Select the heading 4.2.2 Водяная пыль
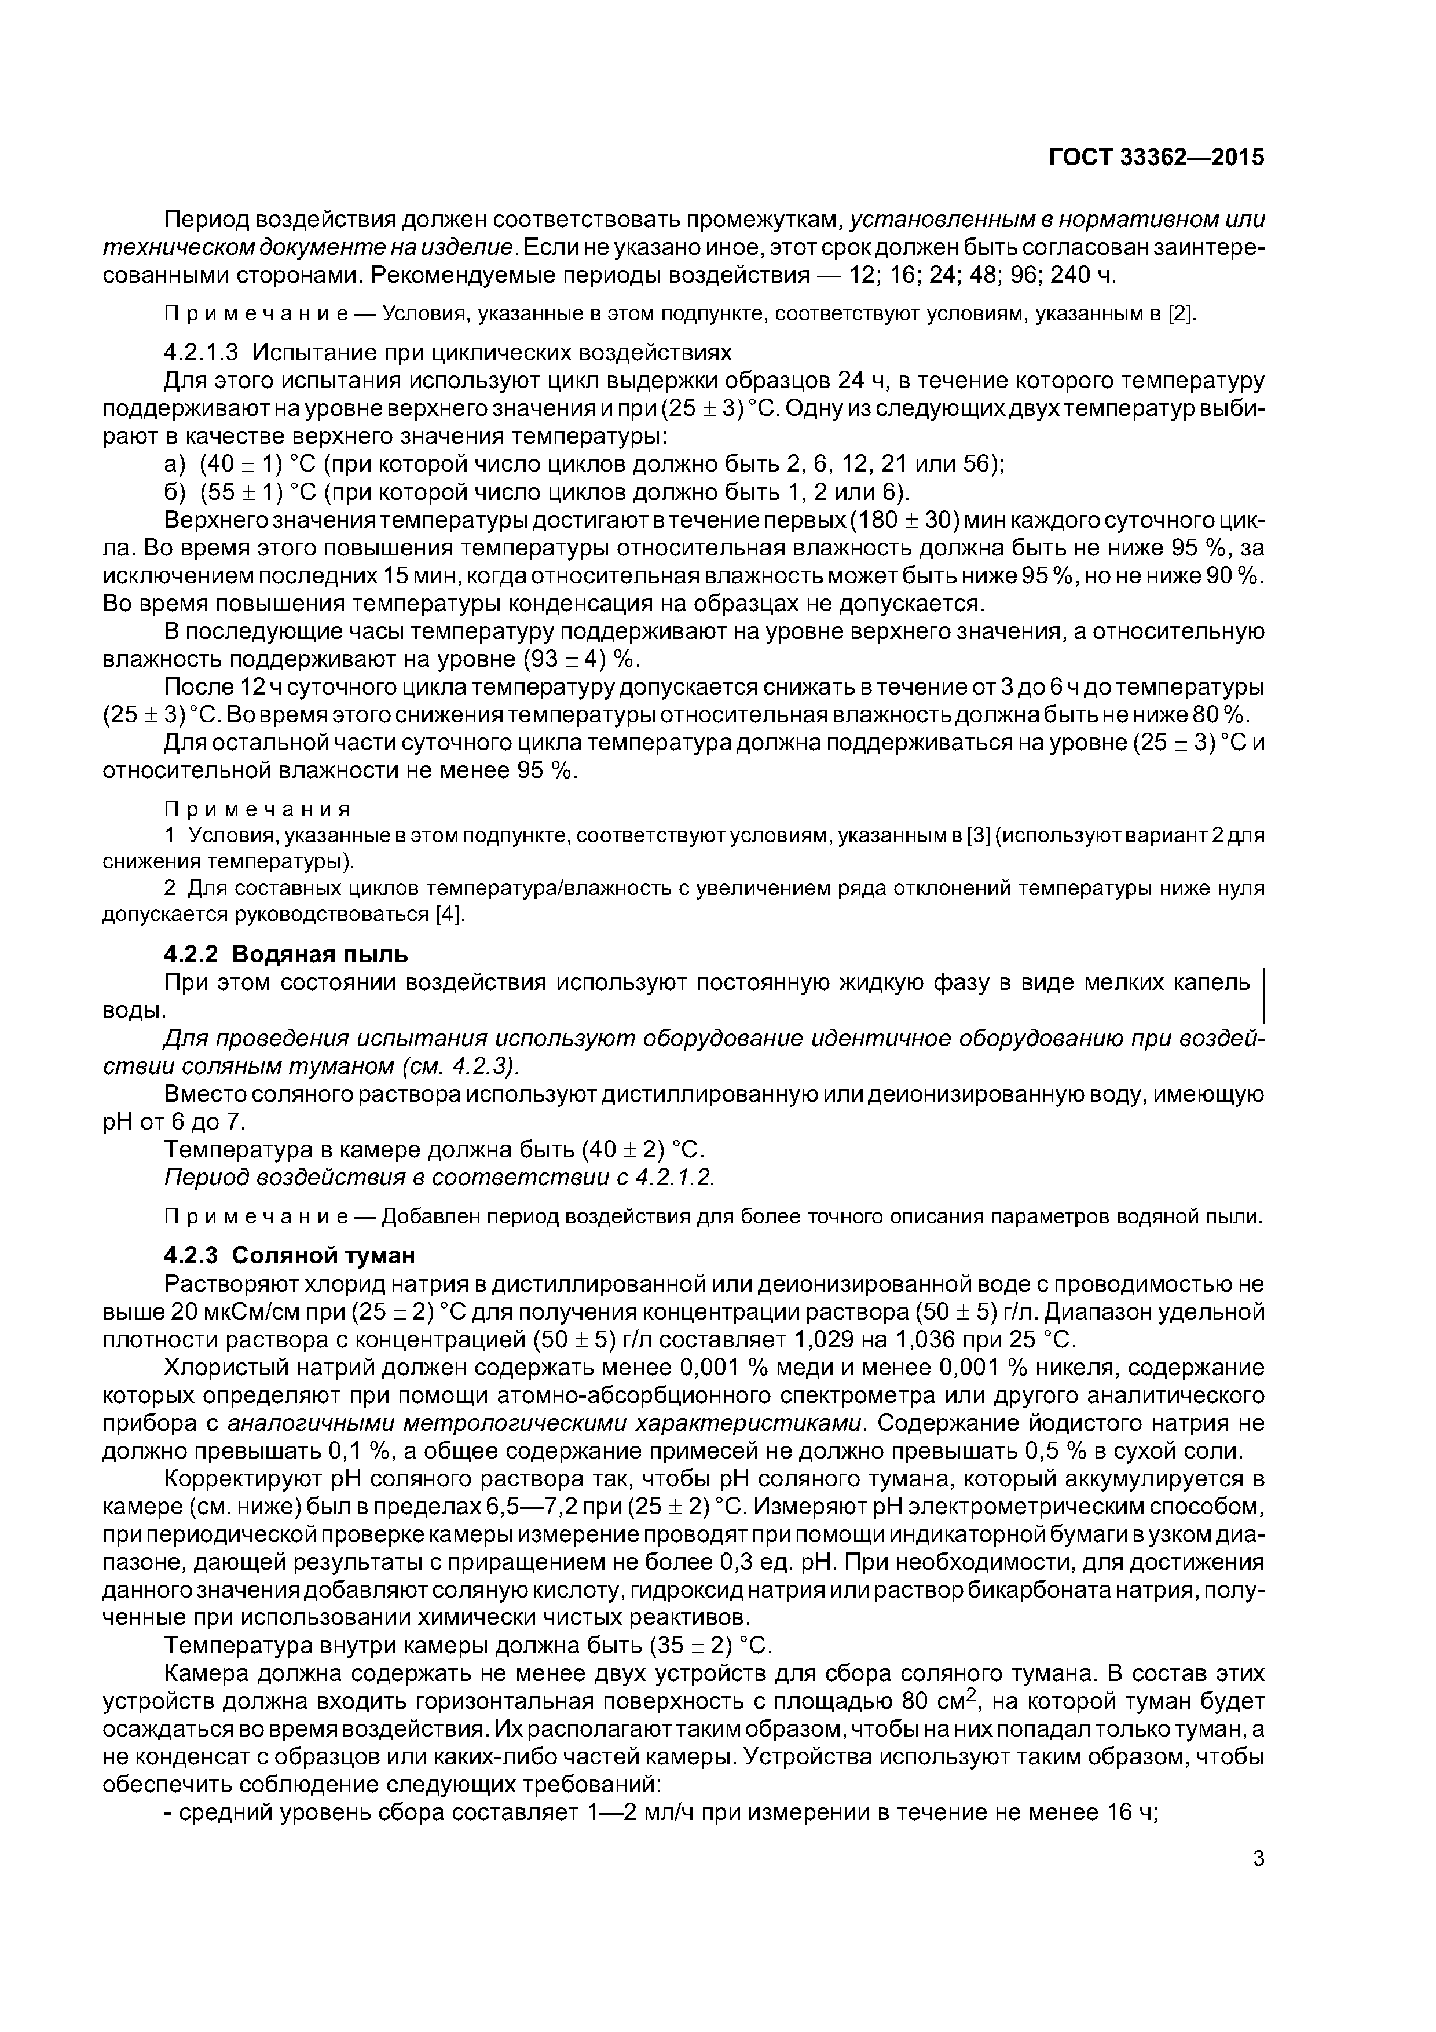click(x=286, y=954)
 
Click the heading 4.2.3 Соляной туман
click(x=290, y=1255)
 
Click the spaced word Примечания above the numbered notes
click(x=258, y=809)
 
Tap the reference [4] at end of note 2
click(x=449, y=914)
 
